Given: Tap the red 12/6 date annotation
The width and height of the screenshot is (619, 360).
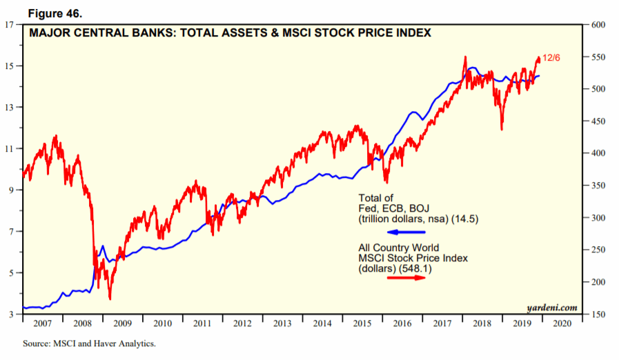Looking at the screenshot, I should (551, 57).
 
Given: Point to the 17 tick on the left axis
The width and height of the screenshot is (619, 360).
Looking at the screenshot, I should (10, 25).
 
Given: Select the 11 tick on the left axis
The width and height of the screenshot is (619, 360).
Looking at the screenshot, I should (10, 149).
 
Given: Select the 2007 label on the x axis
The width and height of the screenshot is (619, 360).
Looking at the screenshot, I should (42, 323).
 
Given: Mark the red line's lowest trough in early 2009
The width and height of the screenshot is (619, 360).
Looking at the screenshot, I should (110, 299).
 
